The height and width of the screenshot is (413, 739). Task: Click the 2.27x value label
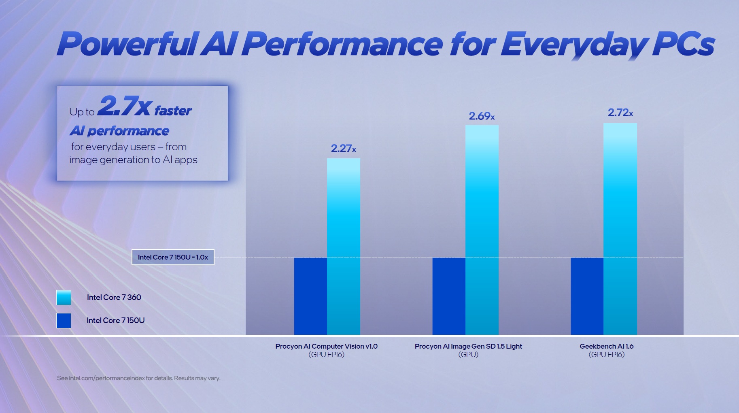(x=343, y=149)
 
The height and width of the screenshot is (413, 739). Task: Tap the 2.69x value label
(x=482, y=116)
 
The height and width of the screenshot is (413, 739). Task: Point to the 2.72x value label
(x=620, y=113)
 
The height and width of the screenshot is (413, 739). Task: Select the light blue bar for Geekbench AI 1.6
(x=620, y=229)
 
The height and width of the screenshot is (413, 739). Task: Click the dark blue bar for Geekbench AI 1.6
(x=587, y=296)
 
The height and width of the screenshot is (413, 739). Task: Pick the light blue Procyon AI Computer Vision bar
(x=343, y=246)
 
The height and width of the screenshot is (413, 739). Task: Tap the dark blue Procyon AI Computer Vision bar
(x=310, y=296)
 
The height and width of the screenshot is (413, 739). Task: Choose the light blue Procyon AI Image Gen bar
(x=482, y=230)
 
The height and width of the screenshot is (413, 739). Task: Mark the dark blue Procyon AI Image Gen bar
(x=449, y=296)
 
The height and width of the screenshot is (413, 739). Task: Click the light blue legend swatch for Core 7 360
(x=64, y=298)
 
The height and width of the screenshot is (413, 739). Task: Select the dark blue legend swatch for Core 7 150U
(x=64, y=321)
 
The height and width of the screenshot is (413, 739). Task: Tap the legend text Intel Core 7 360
(x=114, y=298)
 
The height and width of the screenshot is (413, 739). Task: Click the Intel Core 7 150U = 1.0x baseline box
(x=173, y=257)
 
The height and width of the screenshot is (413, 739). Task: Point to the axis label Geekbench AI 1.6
(x=606, y=346)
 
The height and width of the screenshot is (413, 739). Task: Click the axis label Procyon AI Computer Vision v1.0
(x=326, y=346)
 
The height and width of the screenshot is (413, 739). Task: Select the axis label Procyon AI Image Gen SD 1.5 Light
(x=468, y=346)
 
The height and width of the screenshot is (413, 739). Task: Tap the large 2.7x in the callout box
(x=125, y=106)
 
